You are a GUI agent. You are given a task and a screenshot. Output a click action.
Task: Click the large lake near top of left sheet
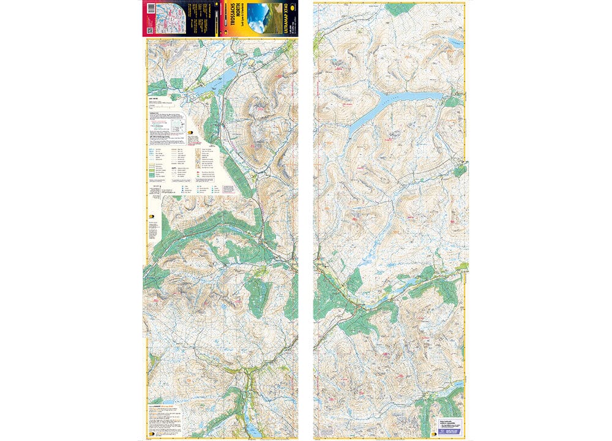(214, 83)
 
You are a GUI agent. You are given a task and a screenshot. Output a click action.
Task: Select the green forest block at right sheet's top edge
(401, 9)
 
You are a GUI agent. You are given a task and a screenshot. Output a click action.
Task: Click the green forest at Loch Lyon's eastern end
(453, 101)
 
